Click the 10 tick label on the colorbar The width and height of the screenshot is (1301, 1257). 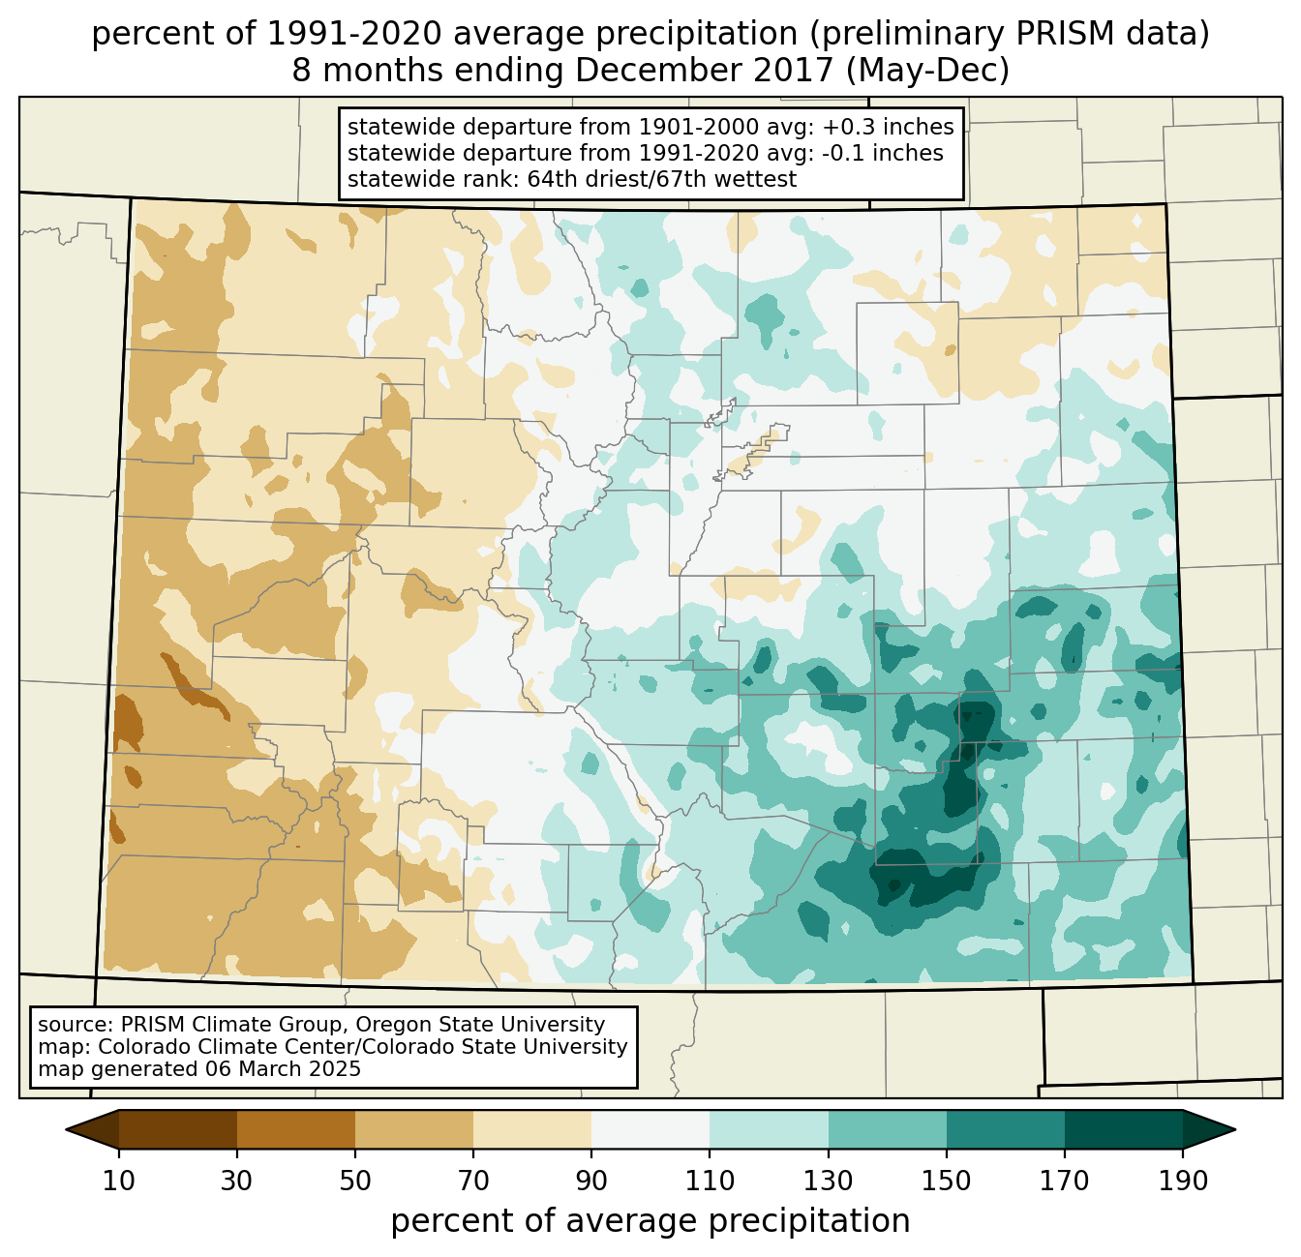click(119, 1181)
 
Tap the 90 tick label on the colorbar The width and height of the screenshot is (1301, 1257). click(591, 1181)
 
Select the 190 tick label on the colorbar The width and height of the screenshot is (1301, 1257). click(1183, 1181)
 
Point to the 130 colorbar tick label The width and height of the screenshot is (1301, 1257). click(829, 1181)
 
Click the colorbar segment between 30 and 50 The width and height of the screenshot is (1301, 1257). click(296, 1129)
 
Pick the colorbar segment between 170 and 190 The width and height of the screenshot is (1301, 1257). click(1124, 1129)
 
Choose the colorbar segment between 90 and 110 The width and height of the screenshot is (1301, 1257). click(650, 1129)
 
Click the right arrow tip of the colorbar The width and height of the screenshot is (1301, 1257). click(1232, 1129)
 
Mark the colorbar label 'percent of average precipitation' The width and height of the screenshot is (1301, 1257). click(650, 1221)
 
